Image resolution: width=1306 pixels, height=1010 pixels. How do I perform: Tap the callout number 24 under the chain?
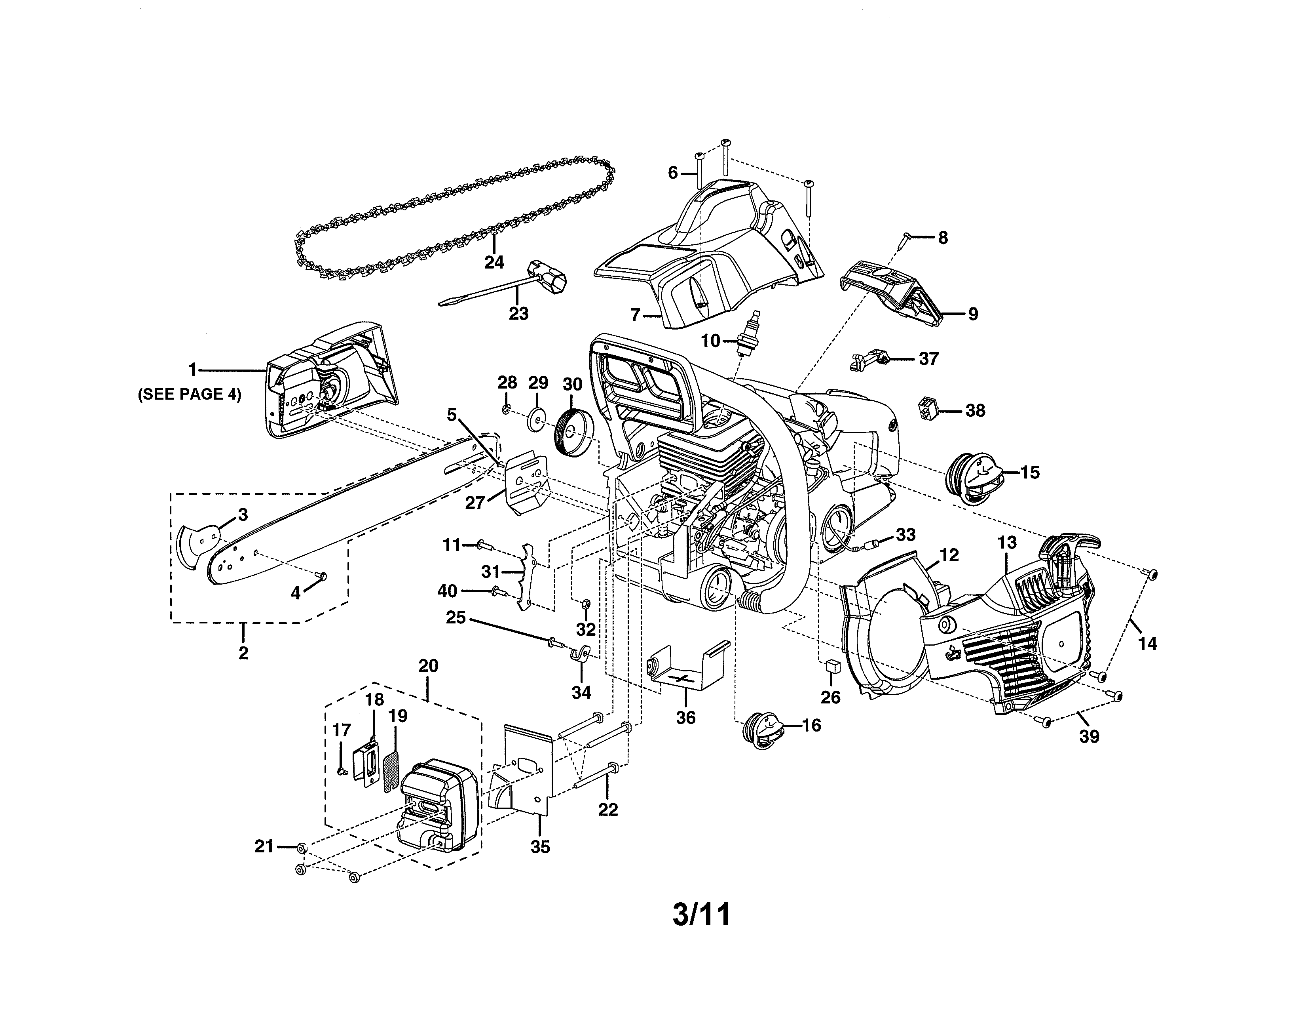[x=494, y=262]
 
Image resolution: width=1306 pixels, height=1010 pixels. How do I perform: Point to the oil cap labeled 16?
[x=763, y=731]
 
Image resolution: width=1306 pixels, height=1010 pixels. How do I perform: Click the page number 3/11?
[x=701, y=915]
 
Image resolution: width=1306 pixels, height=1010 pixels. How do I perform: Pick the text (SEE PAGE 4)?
[x=190, y=395]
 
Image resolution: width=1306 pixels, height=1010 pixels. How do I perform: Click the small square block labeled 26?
[x=830, y=667]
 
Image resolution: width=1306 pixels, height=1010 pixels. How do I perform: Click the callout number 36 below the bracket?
[x=685, y=717]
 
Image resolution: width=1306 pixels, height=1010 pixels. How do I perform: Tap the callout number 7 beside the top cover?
[x=635, y=314]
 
